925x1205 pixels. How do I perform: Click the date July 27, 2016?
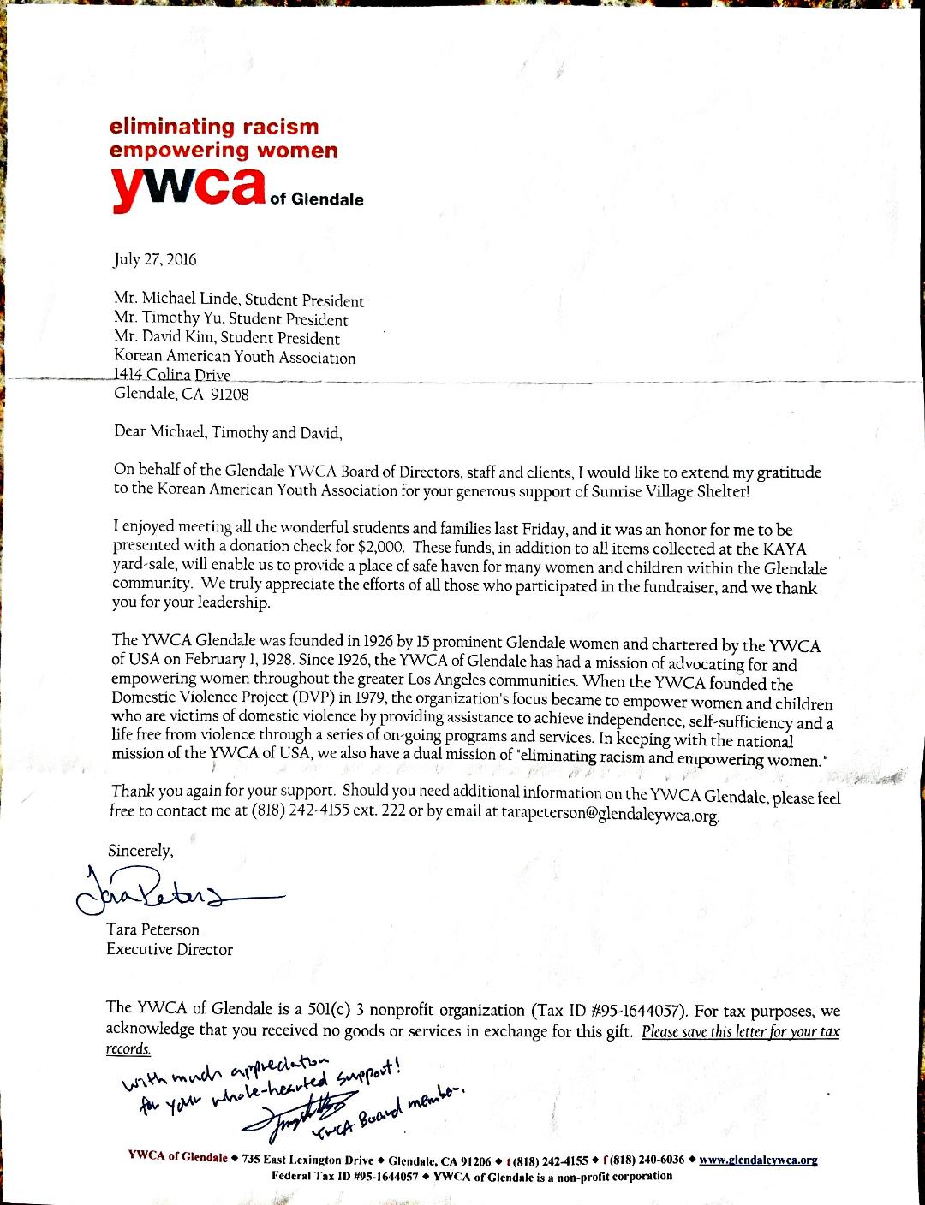click(155, 259)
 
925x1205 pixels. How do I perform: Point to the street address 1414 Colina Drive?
click(172, 375)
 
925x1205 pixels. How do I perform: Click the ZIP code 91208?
click(230, 394)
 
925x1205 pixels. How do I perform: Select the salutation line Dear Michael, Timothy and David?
click(228, 432)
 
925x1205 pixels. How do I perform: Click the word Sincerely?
click(140, 851)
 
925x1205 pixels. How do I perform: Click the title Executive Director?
click(169, 949)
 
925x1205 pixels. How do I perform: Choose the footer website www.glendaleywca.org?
click(758, 1160)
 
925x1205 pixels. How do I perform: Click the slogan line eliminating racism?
click(214, 127)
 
